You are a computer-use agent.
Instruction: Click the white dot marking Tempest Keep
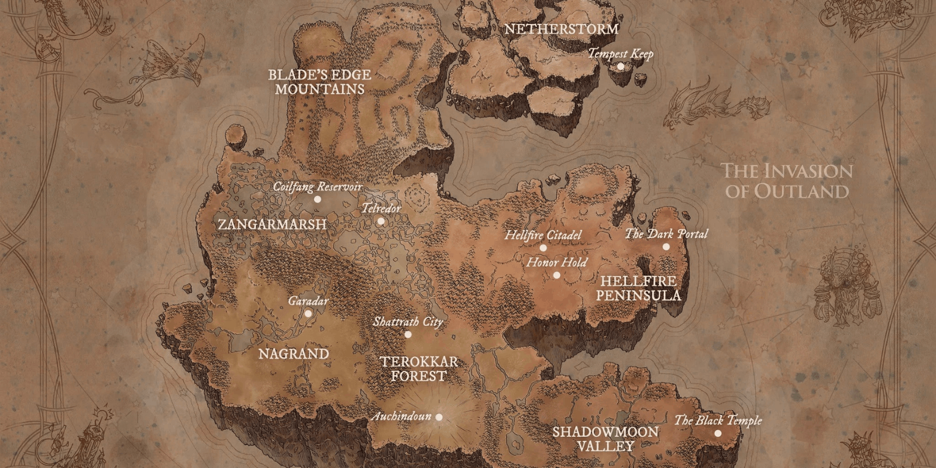(x=621, y=66)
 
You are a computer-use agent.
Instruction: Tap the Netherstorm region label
(x=561, y=29)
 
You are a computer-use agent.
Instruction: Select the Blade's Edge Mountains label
(x=319, y=82)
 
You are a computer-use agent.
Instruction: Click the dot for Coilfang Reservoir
(x=318, y=199)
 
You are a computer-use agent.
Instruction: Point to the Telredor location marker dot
(x=381, y=221)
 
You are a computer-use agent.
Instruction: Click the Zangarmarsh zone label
(x=272, y=224)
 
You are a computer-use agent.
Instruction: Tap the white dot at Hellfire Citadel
(x=543, y=248)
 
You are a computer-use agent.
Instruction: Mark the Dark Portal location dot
(x=666, y=247)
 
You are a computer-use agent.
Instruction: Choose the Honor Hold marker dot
(x=556, y=275)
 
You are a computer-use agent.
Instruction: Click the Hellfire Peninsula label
(x=638, y=288)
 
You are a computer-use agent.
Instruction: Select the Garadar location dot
(x=308, y=314)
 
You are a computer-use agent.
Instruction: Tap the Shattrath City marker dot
(x=408, y=335)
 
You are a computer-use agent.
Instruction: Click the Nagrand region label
(x=294, y=354)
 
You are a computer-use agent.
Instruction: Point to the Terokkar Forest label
(x=419, y=369)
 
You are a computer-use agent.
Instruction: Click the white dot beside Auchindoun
(x=439, y=417)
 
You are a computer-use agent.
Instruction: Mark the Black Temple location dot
(x=718, y=433)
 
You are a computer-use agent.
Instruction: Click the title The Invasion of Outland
(x=787, y=181)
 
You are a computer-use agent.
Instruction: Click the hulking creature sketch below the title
(x=846, y=284)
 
